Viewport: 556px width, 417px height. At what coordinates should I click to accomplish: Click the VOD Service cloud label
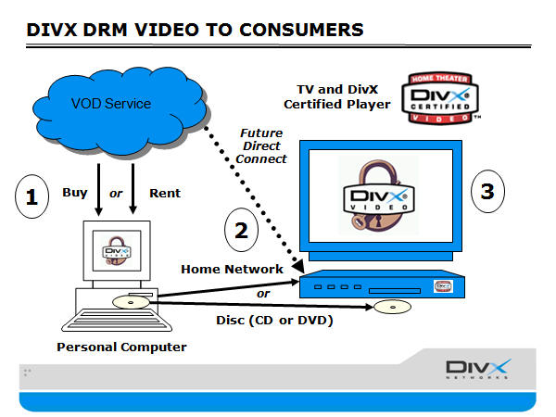pos(112,103)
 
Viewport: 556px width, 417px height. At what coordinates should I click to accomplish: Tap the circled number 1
pos(33,196)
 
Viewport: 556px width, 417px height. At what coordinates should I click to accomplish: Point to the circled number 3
pos(486,192)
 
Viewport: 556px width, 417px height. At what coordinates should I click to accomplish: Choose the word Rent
pos(165,194)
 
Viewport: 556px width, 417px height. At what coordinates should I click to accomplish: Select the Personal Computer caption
pos(121,347)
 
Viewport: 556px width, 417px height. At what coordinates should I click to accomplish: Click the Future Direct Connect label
pos(262,146)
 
